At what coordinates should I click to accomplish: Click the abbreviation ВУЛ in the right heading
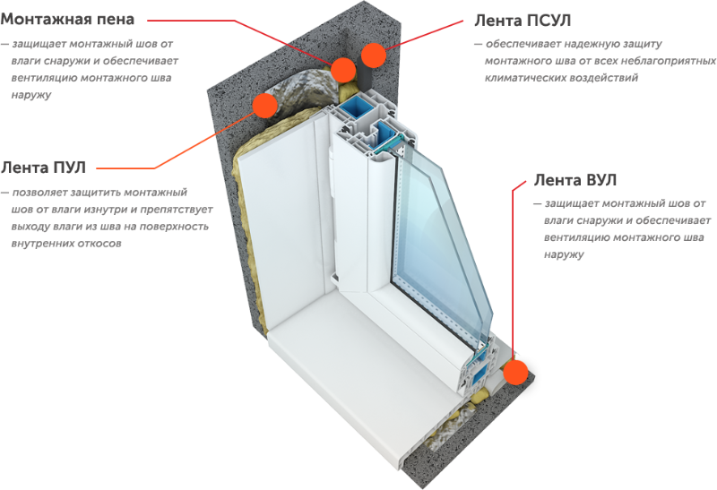pyautogui.click(x=599, y=180)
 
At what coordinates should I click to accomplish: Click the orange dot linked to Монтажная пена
pyautogui.click(x=343, y=69)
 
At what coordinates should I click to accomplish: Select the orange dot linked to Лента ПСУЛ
pyautogui.click(x=373, y=55)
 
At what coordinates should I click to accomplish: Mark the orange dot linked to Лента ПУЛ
pyautogui.click(x=264, y=105)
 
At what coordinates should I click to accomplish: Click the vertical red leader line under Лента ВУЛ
pyautogui.click(x=513, y=269)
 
